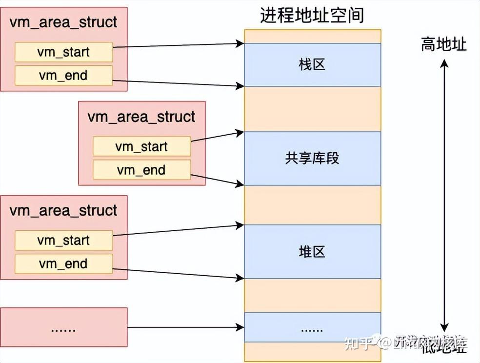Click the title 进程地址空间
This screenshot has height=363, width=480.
312,16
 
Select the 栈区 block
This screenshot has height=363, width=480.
312,64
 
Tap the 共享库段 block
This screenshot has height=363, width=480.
312,158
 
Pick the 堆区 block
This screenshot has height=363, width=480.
312,252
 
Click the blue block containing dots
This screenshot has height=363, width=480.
312,328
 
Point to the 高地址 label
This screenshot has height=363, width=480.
443,45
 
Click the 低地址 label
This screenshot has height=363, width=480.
443,347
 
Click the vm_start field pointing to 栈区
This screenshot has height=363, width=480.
63,52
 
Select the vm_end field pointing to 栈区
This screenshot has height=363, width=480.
63,76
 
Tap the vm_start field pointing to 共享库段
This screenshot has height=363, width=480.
141,146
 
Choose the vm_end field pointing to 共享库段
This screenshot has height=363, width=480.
141,170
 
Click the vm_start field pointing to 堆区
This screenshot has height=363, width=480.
63,241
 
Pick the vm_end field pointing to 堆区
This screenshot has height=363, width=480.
63,264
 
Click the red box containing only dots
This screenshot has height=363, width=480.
63,327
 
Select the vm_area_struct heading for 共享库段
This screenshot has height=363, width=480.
141,117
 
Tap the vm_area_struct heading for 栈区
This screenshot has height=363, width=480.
63,22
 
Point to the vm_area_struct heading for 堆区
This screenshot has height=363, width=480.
63,211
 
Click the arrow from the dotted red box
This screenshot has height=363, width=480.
185,327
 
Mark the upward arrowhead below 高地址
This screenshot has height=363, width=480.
444,64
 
